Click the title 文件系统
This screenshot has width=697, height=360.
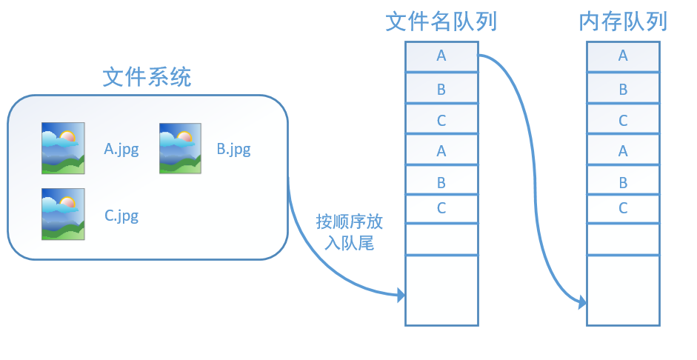pyautogui.click(x=147, y=76)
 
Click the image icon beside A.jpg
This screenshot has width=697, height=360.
pyautogui.click(x=63, y=148)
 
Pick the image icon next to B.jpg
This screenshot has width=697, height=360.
pyautogui.click(x=181, y=148)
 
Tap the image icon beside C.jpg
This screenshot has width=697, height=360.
pyautogui.click(x=63, y=214)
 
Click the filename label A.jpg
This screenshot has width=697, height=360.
pyautogui.click(x=121, y=149)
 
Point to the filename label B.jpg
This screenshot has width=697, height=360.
pyautogui.click(x=233, y=149)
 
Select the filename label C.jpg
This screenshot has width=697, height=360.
pyautogui.click(x=121, y=216)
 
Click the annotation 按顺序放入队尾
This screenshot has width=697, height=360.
pyautogui.click(x=349, y=232)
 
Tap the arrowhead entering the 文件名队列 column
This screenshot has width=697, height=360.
pyautogui.click(x=401, y=296)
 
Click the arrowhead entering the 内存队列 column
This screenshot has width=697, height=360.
pyautogui.click(x=583, y=302)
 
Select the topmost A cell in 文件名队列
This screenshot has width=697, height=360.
pyautogui.click(x=441, y=56)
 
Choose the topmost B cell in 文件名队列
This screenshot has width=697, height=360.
pyautogui.click(x=441, y=90)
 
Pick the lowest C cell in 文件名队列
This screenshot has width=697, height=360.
pyautogui.click(x=441, y=208)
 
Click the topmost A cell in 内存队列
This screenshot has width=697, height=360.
pyautogui.click(x=623, y=56)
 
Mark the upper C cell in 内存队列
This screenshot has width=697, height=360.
pyautogui.click(x=623, y=120)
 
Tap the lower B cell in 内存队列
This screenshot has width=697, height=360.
pyautogui.click(x=623, y=182)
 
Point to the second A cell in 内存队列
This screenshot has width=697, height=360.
pyautogui.click(x=623, y=151)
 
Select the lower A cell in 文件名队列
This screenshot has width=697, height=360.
pyautogui.click(x=441, y=151)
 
